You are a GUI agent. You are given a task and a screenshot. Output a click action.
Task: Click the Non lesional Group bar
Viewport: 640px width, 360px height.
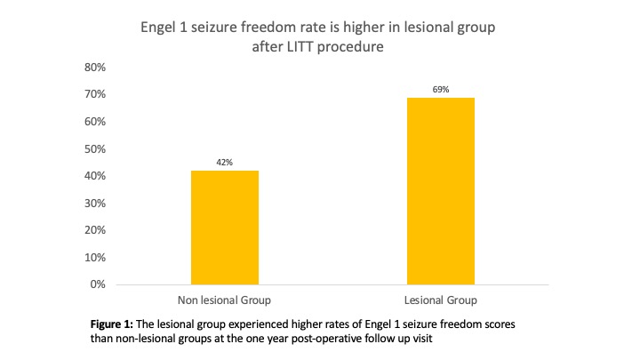pyautogui.click(x=225, y=228)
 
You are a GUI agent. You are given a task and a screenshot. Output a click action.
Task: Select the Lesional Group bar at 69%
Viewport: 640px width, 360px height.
pyautogui.click(x=442, y=191)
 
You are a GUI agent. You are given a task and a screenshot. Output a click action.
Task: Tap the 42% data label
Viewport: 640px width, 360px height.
pyautogui.click(x=225, y=163)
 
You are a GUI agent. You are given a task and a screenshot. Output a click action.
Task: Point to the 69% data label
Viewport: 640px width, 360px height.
pyautogui.click(x=442, y=90)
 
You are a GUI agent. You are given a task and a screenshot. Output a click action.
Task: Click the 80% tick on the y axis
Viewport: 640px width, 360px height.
pyautogui.click(x=95, y=67)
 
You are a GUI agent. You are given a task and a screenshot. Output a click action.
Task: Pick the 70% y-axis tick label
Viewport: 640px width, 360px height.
pyautogui.click(x=95, y=94)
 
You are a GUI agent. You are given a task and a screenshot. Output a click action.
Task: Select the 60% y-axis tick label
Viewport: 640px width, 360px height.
pyautogui.click(x=95, y=122)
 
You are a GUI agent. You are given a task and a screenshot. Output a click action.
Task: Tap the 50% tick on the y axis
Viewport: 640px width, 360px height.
pyautogui.click(x=95, y=148)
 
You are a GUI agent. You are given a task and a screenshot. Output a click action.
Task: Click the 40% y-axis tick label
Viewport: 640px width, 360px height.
pyautogui.click(x=95, y=176)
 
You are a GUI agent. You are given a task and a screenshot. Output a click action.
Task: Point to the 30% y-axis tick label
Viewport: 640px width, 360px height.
pyautogui.click(x=95, y=204)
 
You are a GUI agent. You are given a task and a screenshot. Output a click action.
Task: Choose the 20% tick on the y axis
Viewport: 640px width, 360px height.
pyautogui.click(x=95, y=230)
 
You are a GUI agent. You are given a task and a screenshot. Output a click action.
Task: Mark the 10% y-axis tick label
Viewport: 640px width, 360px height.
pyautogui.click(x=95, y=258)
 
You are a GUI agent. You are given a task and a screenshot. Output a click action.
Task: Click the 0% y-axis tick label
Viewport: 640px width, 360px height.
pyautogui.click(x=98, y=285)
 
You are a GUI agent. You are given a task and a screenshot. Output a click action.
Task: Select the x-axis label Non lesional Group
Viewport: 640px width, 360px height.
pyautogui.click(x=225, y=301)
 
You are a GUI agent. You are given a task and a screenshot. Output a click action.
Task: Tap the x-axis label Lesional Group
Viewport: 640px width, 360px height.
pyautogui.click(x=442, y=301)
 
